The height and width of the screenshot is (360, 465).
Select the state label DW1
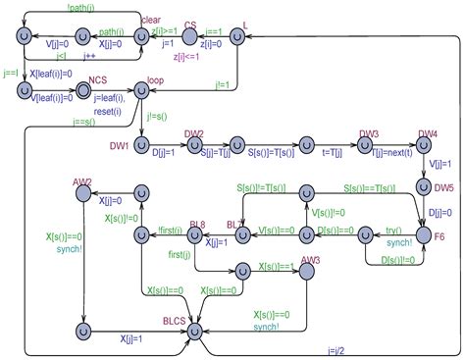(x=120, y=146)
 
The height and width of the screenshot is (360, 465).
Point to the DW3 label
(x=369, y=133)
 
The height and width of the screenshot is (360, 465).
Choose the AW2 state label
(x=82, y=182)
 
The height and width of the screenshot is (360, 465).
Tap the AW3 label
(x=310, y=260)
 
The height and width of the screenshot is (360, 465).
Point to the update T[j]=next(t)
(x=384, y=154)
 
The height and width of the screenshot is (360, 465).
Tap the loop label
(x=155, y=79)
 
